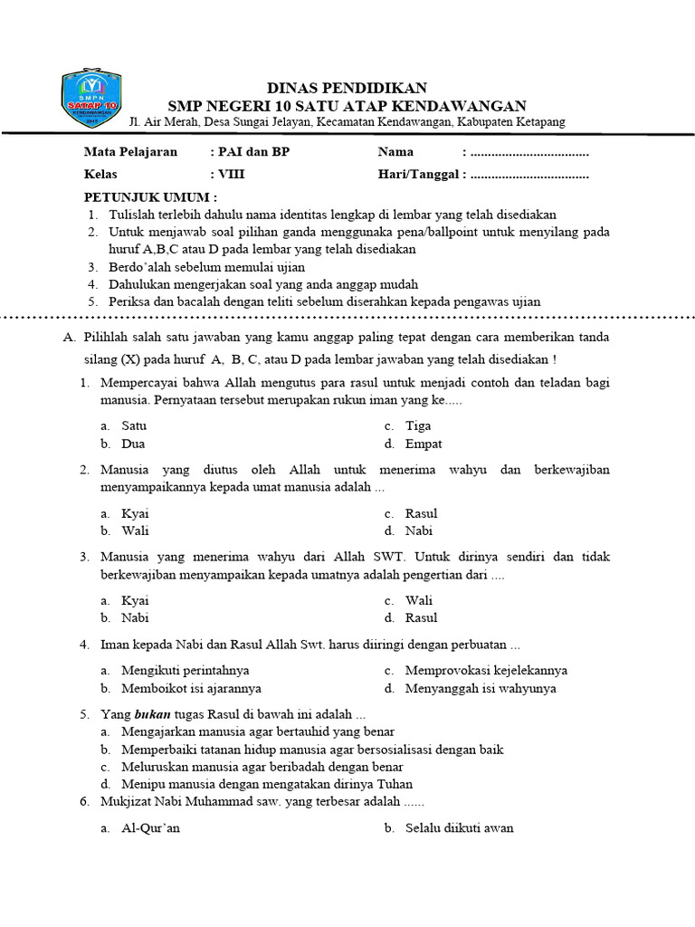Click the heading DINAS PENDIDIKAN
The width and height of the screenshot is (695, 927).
pyautogui.click(x=347, y=88)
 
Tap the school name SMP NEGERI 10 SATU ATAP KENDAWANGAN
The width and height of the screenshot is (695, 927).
pyautogui.click(x=347, y=105)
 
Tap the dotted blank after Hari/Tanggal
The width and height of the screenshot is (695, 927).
pyautogui.click(x=529, y=176)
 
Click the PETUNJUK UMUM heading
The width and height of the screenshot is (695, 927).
pyautogui.click(x=151, y=197)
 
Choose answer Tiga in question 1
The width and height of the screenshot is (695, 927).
pyautogui.click(x=418, y=425)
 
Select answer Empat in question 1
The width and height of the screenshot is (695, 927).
pyautogui.click(x=424, y=444)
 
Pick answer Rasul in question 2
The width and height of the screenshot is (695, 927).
pyautogui.click(x=421, y=513)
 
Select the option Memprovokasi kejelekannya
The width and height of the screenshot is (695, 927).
pyautogui.click(x=486, y=671)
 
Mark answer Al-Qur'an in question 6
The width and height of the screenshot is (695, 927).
pyautogui.click(x=150, y=827)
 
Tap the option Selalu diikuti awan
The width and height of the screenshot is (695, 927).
pyautogui.click(x=459, y=827)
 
